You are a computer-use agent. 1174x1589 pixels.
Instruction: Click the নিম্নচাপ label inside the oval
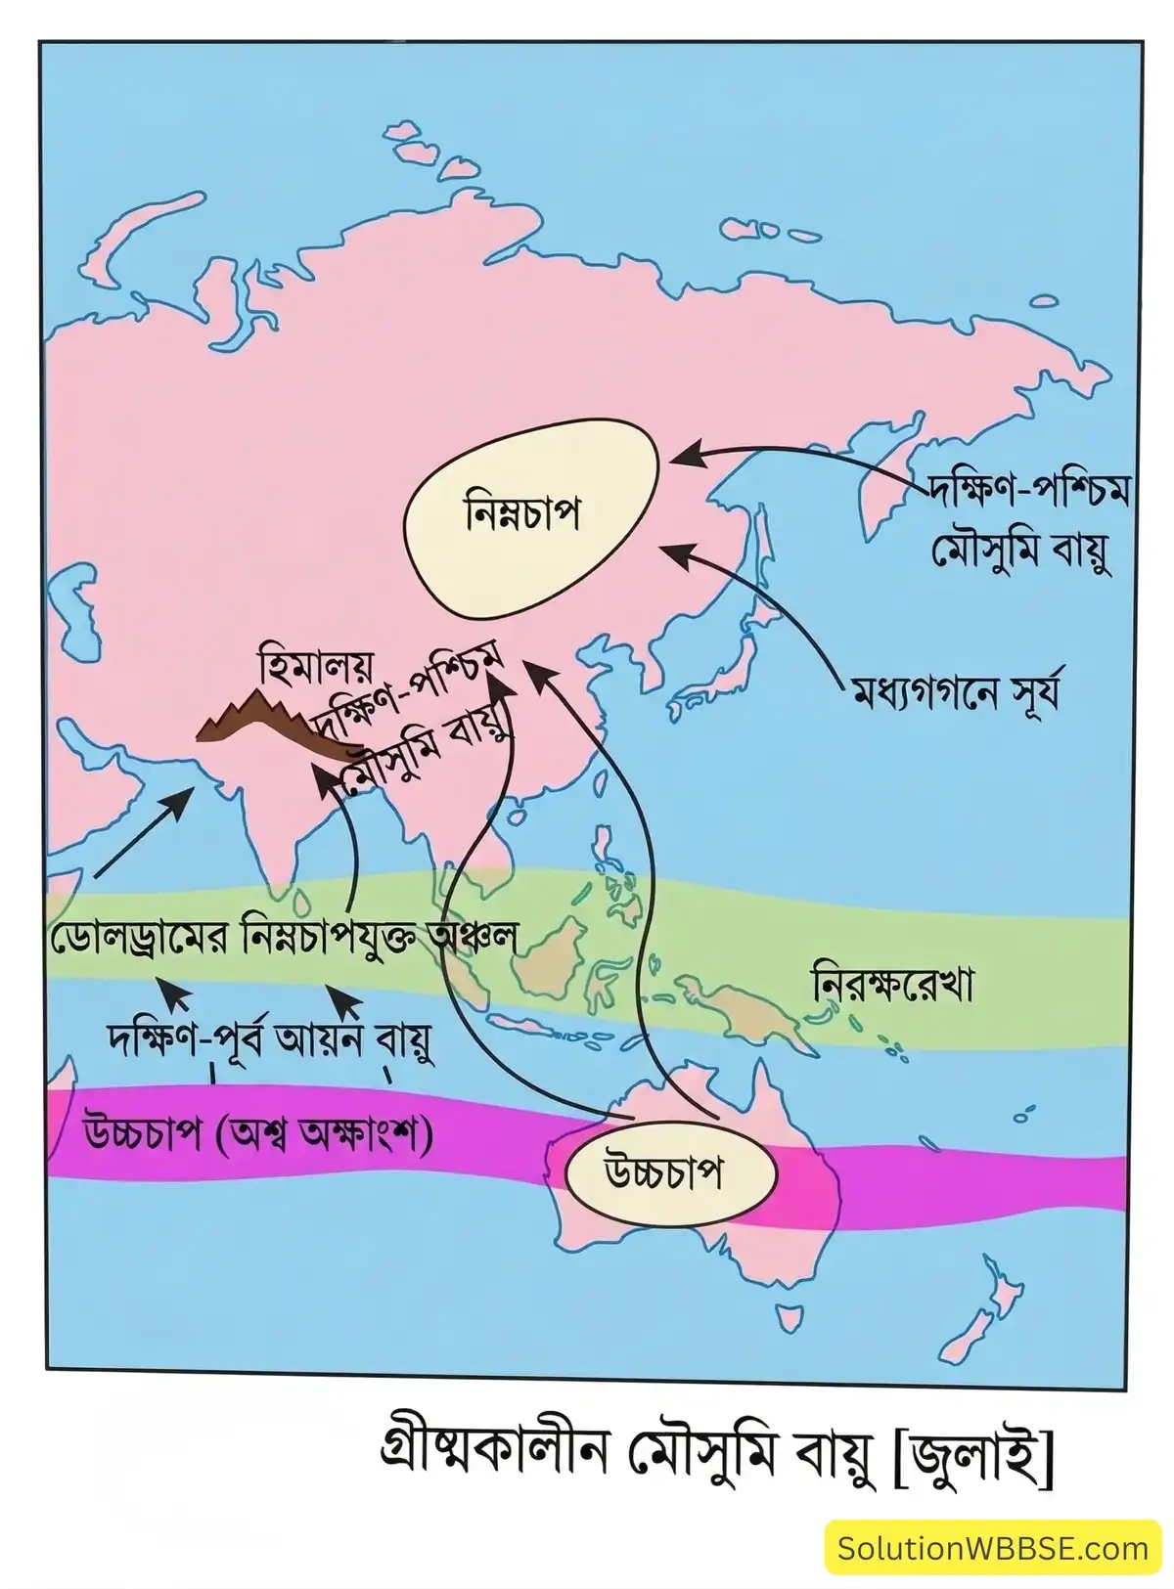(x=522, y=513)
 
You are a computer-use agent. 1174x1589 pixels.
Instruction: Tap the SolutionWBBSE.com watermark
(x=993, y=1547)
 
